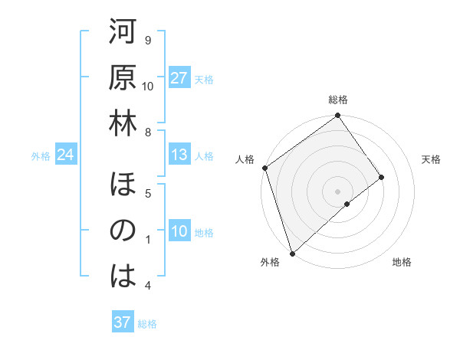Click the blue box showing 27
tap(179, 79)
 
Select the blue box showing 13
tap(179, 155)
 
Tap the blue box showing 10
tap(179, 232)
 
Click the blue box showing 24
tap(65, 155)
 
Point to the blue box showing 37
tap(122, 322)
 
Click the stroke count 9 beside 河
tap(148, 40)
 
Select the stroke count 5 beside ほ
tap(148, 193)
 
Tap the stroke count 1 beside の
tap(148, 240)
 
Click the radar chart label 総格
tap(338, 100)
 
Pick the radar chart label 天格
tap(432, 159)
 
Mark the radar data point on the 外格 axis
tap(292, 253)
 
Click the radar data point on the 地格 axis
tap(347, 204)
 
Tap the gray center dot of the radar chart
tap(337, 190)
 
